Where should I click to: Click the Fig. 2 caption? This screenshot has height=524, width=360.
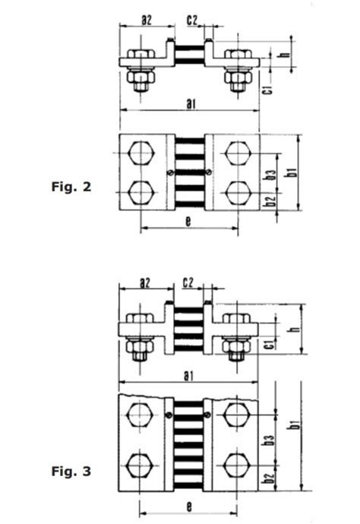click(x=71, y=186)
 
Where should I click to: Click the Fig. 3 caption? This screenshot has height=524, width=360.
click(x=71, y=472)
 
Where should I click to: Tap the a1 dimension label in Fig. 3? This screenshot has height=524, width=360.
click(x=189, y=374)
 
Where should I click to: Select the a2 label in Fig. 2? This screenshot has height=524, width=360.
click(x=147, y=20)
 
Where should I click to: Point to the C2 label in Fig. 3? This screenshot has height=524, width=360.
click(x=189, y=283)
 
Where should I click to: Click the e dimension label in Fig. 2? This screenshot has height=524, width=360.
click(x=188, y=221)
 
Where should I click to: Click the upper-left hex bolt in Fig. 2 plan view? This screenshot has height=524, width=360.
click(x=142, y=152)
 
